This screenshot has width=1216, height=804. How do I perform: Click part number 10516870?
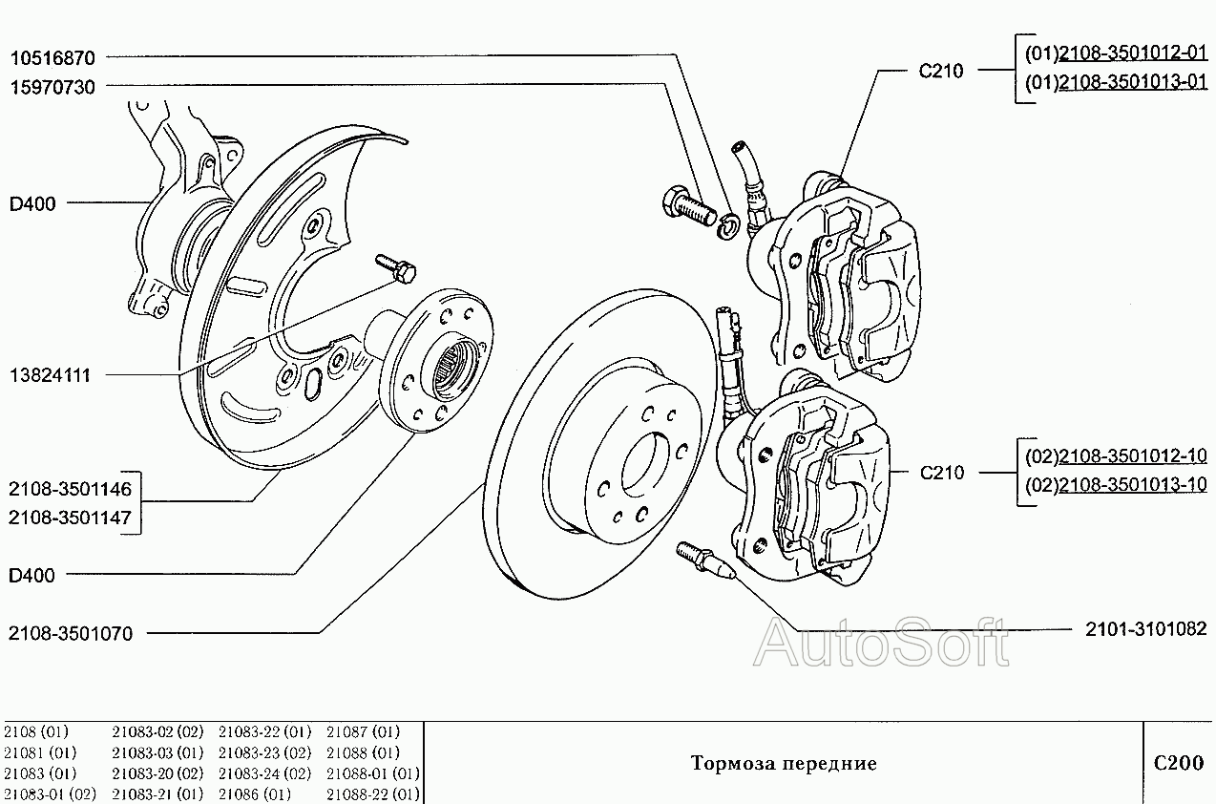(x=52, y=57)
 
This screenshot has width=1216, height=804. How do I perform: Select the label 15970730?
(x=52, y=87)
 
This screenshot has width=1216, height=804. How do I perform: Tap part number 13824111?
(x=50, y=375)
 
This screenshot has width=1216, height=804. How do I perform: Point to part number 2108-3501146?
(x=70, y=489)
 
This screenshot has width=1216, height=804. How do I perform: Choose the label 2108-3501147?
(x=70, y=518)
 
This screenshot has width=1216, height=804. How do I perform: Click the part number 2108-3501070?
(x=71, y=633)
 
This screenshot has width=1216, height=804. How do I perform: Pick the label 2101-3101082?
(x=1146, y=628)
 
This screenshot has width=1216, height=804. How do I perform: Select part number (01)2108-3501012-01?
(x=1116, y=53)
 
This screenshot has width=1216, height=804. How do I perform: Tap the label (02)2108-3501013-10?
(x=1116, y=484)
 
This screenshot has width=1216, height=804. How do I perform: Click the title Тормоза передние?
(x=784, y=763)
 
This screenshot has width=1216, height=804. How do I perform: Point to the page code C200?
(x=1179, y=763)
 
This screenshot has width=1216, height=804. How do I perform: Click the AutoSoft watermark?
(x=881, y=645)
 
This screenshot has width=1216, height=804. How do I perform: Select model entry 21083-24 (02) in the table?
(x=265, y=773)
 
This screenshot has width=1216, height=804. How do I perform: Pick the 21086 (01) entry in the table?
(x=255, y=793)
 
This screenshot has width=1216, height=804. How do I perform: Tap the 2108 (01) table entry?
(x=36, y=731)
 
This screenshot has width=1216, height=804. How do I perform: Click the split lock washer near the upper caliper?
(x=727, y=226)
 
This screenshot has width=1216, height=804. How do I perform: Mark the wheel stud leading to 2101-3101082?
(x=705, y=560)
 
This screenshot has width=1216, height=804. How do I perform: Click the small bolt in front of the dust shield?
(x=396, y=268)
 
